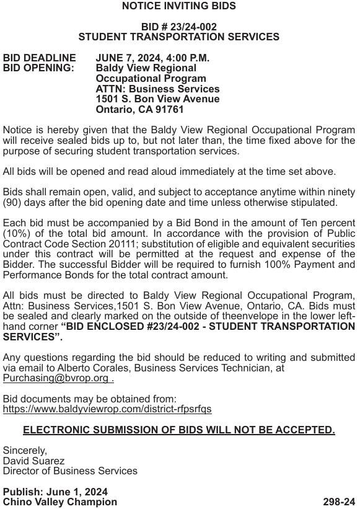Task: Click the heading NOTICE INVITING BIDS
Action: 178,6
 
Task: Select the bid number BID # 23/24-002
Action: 178,27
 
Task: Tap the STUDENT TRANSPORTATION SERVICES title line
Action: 178,37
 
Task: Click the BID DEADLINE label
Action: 40,58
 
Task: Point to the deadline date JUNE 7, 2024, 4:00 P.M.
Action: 152,58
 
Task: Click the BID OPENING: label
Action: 38,68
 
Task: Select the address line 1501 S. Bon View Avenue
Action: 157,99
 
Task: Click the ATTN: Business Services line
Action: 157,89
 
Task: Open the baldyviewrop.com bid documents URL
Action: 107,409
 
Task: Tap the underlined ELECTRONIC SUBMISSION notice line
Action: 178,430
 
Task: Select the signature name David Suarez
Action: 33,461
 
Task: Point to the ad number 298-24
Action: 339,502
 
